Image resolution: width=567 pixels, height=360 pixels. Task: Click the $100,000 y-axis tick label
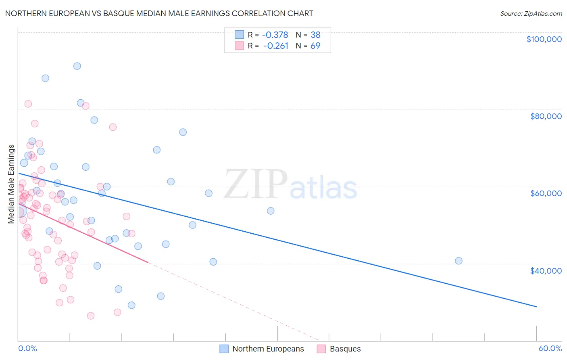coord(544,39)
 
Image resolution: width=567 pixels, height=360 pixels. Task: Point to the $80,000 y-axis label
coord(546,116)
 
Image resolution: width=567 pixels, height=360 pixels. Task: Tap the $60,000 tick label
coord(546,193)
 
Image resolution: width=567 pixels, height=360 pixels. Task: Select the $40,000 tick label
coord(546,270)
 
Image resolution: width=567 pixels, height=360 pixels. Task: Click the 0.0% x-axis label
coord(27,348)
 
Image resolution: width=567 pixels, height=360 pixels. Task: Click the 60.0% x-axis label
coord(550,348)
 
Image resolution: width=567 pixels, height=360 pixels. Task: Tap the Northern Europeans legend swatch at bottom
coord(224,349)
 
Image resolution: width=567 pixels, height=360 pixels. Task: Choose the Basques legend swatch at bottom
coord(321,349)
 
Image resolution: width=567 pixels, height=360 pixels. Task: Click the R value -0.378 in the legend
coord(275,35)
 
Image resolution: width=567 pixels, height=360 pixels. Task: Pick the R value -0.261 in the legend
coord(275,46)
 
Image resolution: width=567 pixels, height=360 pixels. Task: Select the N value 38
coord(315,35)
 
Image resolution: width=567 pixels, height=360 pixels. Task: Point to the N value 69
coord(315,46)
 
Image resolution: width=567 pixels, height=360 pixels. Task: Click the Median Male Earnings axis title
coord(11,184)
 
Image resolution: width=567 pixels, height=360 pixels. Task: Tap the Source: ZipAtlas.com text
coord(531,14)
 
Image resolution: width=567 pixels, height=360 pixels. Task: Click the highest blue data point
coord(77,66)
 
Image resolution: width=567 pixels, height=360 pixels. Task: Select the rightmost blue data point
coord(459,261)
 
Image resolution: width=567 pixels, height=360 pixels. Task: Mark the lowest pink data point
coord(91,316)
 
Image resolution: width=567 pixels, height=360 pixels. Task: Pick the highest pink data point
coord(28,104)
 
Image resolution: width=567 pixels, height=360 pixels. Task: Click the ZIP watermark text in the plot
coord(255,185)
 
